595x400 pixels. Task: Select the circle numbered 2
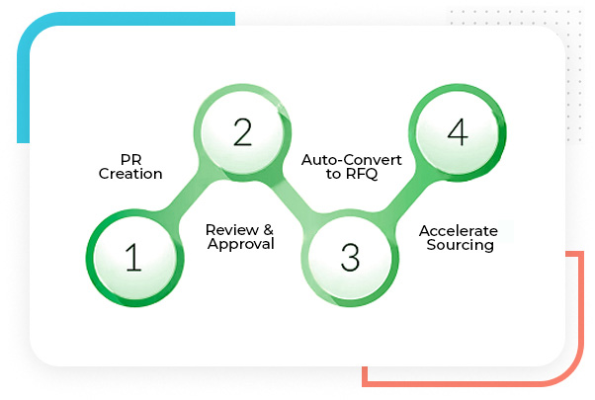(x=241, y=132)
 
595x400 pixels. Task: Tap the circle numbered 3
(x=349, y=257)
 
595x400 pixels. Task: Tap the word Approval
(x=240, y=244)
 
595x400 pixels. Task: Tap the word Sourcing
(x=460, y=244)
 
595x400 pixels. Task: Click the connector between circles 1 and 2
(x=187, y=195)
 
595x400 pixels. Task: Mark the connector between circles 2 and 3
(x=295, y=195)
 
